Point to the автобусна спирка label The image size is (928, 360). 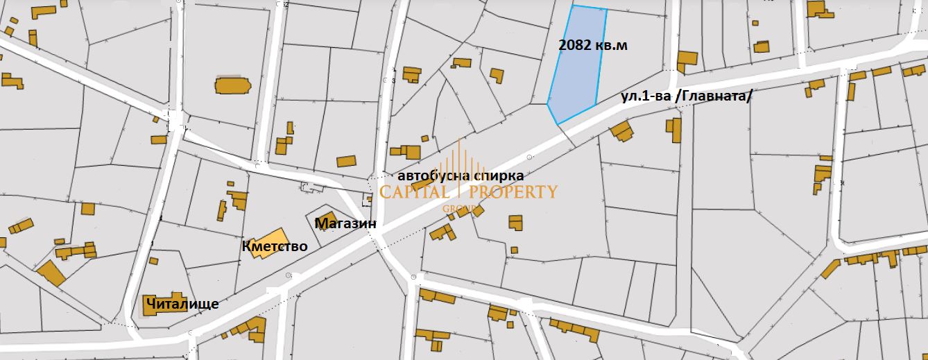[x=461, y=176]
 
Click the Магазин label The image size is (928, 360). [x=345, y=223]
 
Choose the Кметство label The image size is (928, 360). [x=275, y=246]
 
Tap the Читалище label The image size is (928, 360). [x=182, y=304]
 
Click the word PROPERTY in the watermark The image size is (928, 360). [x=514, y=191]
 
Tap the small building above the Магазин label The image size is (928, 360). [x=326, y=217]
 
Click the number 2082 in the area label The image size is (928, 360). [x=575, y=46]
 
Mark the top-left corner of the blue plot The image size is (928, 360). [x=573, y=6]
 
